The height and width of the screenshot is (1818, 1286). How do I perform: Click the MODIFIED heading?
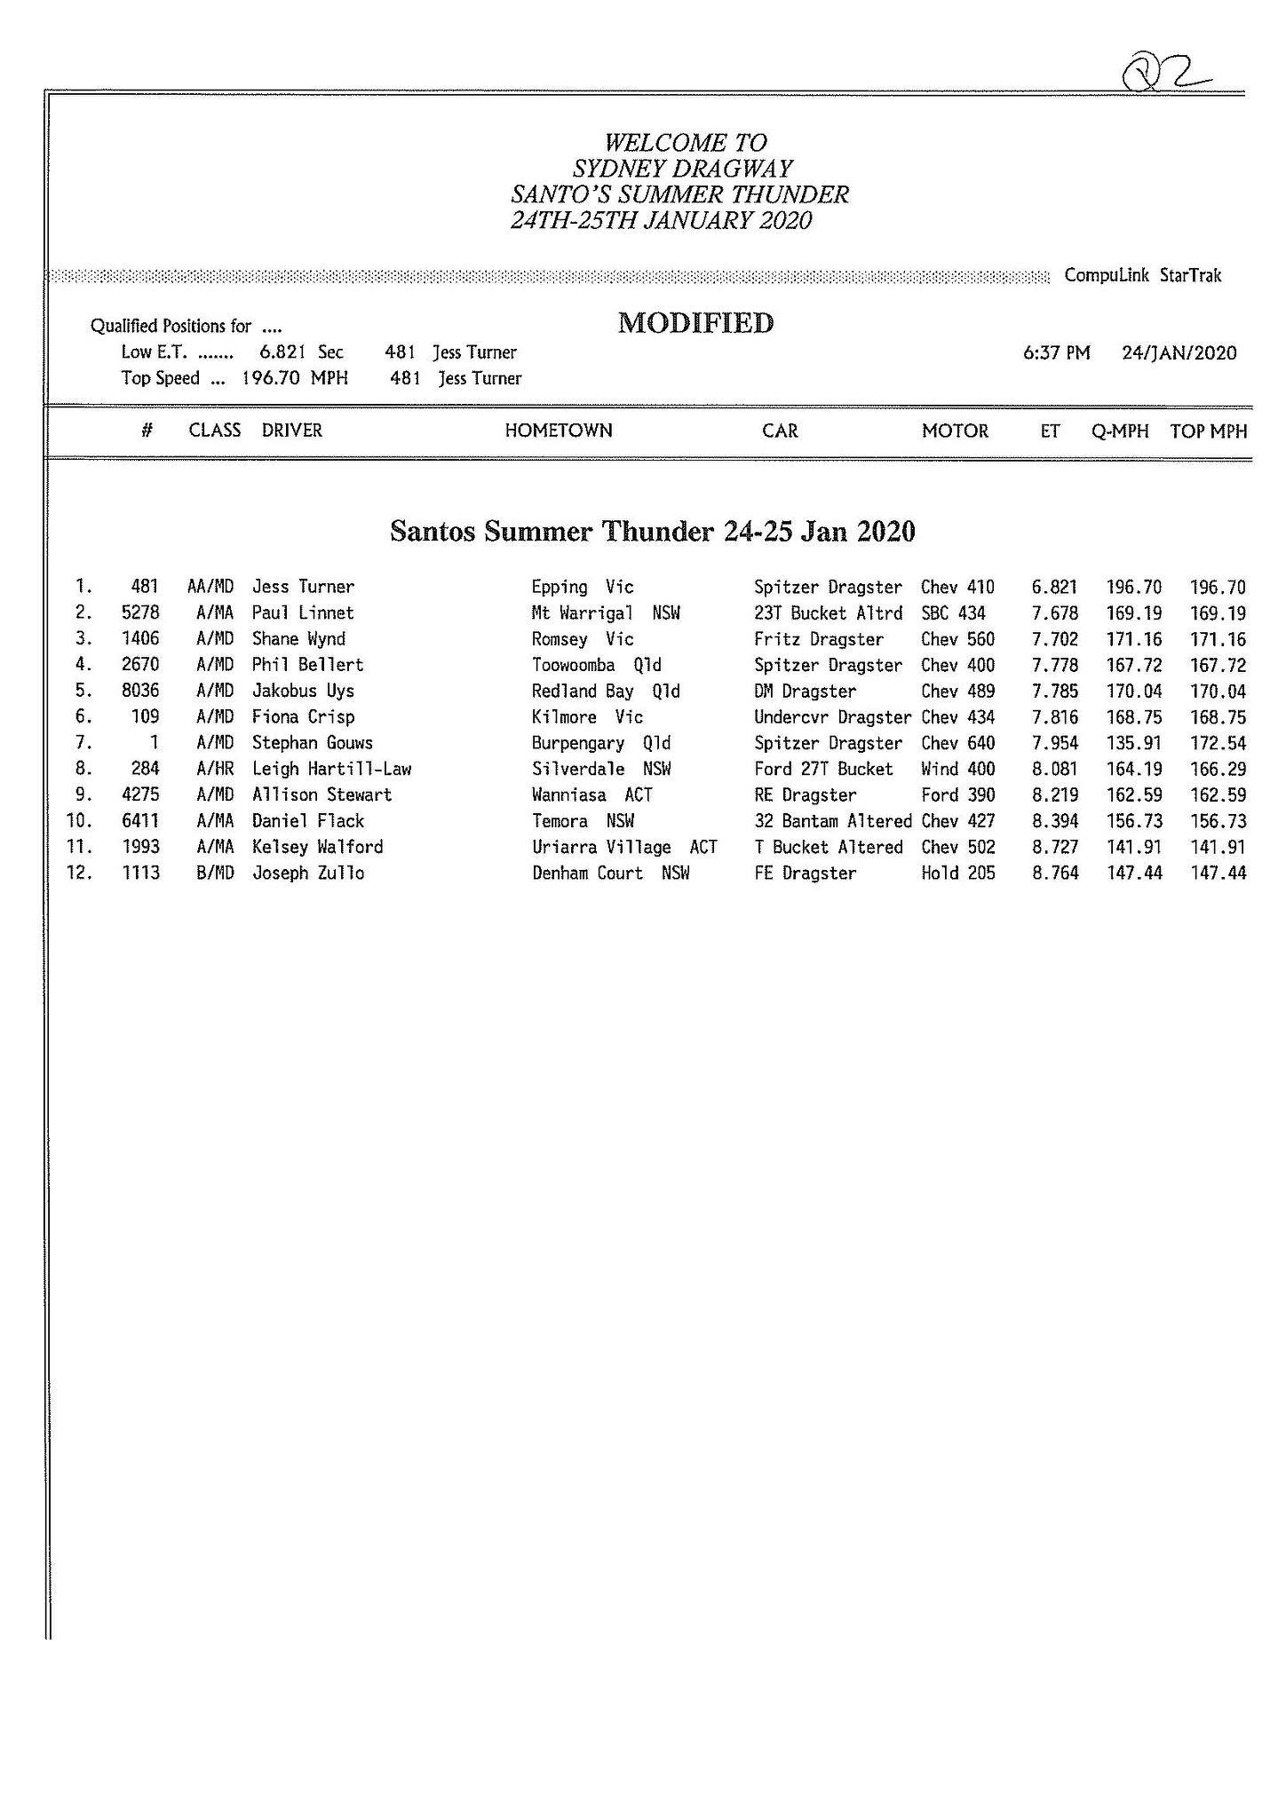(695, 323)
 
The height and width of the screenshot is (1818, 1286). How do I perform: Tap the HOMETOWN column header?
(558, 431)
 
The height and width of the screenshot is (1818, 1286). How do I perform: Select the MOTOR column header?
(955, 431)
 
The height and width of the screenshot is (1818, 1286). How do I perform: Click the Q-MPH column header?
(1120, 431)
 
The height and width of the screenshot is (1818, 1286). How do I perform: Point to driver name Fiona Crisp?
(303, 717)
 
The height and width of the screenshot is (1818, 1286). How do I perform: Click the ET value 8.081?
(1054, 769)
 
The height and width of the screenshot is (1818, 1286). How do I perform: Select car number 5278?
(140, 613)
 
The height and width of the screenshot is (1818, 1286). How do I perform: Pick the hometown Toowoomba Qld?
(596, 665)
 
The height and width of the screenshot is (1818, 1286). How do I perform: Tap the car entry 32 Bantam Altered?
(832, 821)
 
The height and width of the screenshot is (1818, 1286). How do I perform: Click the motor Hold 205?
(957, 873)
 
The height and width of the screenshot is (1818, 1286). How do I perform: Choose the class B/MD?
(215, 873)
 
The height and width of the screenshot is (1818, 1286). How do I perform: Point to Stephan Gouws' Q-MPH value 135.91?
(1133, 743)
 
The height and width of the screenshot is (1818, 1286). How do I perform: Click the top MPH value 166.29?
(1218, 769)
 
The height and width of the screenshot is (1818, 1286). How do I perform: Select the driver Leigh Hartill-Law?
(331, 769)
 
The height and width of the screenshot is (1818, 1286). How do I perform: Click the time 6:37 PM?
(1056, 353)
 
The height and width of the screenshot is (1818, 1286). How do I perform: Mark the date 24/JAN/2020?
(1179, 353)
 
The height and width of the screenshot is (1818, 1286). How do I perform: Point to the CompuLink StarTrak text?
(1143, 275)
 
